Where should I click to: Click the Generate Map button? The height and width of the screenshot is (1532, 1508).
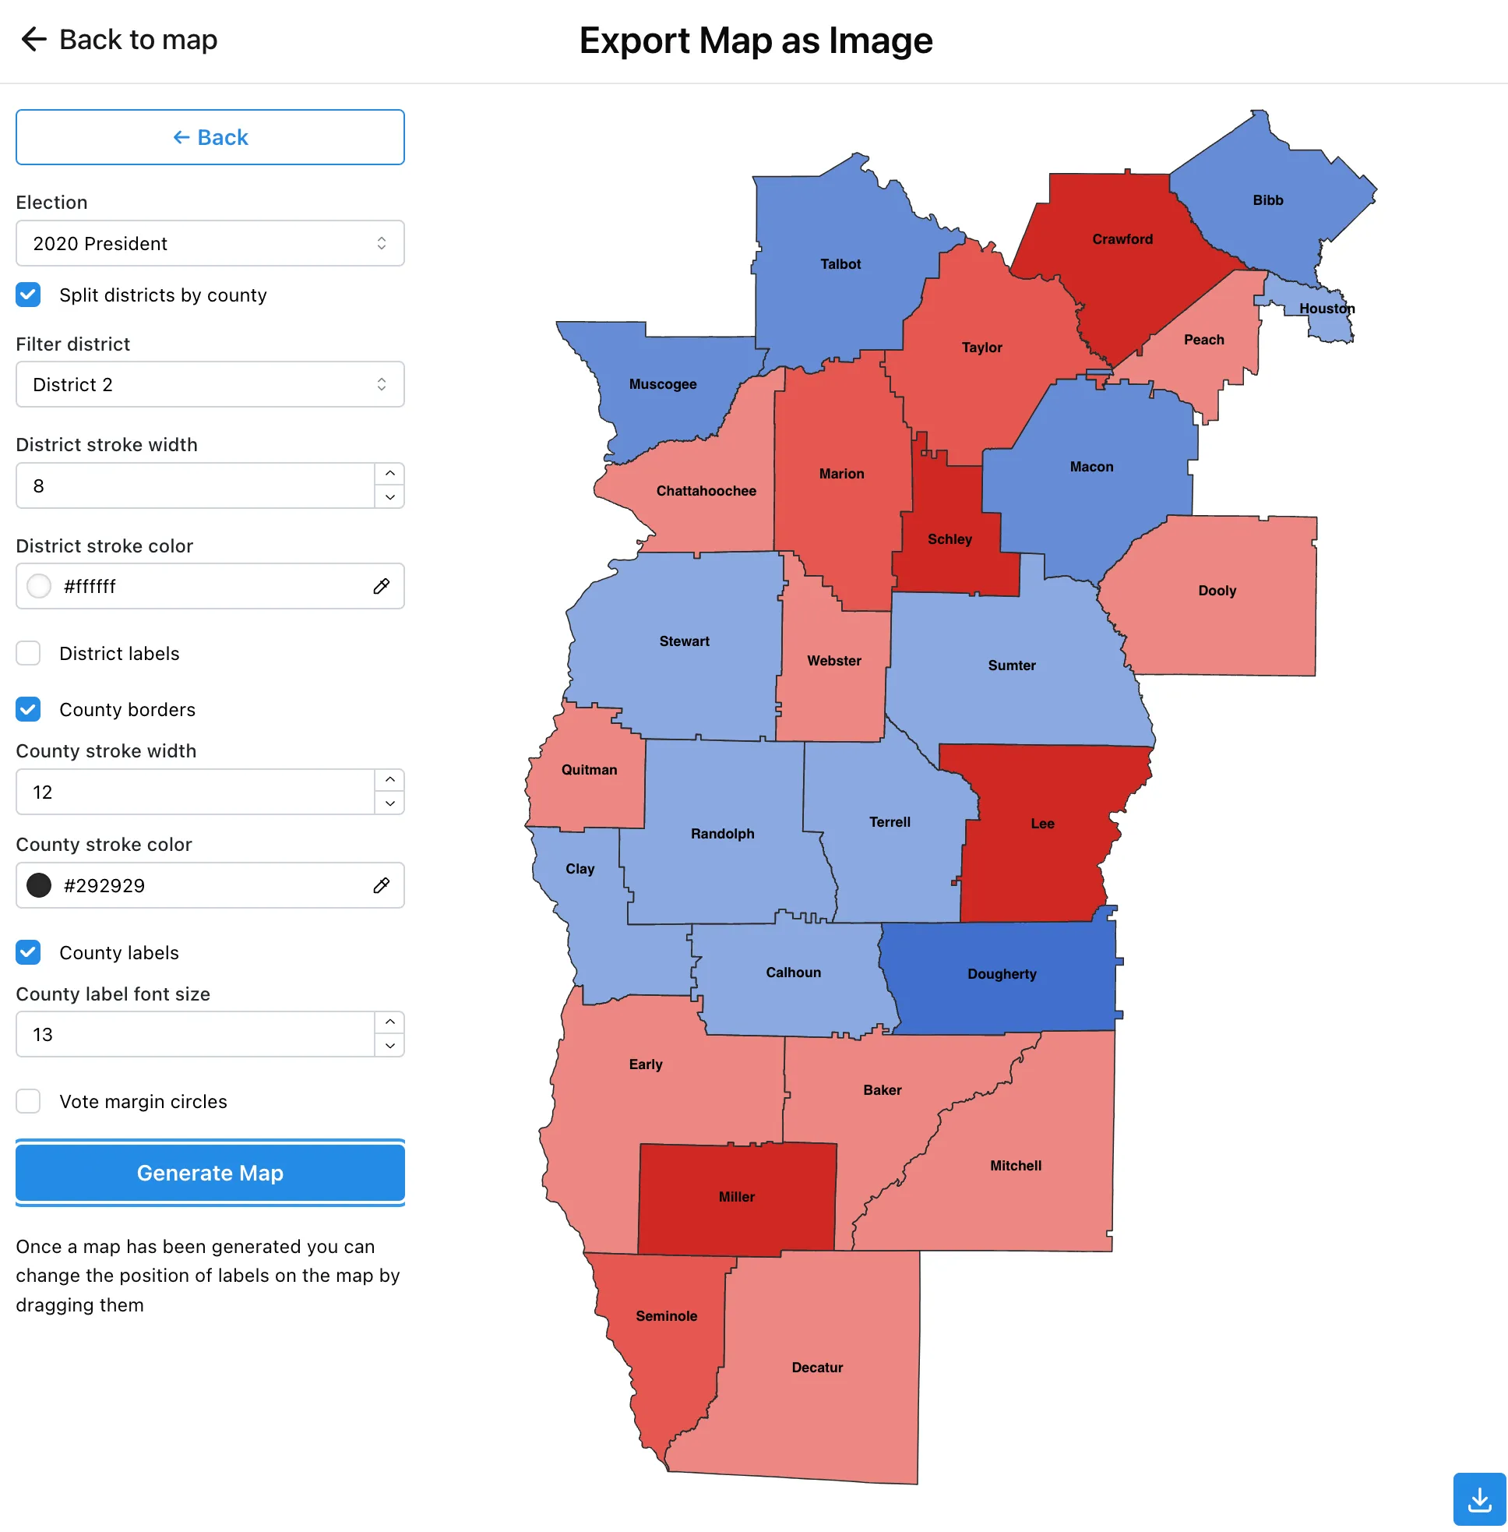point(210,1172)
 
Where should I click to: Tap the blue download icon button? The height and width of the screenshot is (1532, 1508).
point(1478,1498)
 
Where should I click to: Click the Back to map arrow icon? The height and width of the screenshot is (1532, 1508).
point(34,39)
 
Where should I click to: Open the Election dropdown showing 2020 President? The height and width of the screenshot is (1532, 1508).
point(210,243)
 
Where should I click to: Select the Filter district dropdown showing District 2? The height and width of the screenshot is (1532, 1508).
point(210,384)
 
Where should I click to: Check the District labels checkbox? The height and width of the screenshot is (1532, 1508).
point(29,654)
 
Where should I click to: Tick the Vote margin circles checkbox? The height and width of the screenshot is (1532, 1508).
point(29,1101)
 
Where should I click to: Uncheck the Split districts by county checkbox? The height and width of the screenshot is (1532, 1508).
point(29,295)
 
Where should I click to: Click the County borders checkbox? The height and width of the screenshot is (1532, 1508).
point(29,709)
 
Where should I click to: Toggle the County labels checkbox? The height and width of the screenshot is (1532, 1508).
point(29,952)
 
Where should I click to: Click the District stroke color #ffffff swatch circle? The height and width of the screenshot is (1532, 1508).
point(39,586)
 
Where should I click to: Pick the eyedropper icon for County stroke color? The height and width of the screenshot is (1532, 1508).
point(381,884)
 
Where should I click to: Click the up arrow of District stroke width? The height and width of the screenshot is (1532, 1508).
point(389,474)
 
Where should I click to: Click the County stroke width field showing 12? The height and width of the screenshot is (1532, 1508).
point(194,792)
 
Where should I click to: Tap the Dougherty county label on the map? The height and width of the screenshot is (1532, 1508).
point(1002,973)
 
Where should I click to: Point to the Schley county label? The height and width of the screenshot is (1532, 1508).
point(950,538)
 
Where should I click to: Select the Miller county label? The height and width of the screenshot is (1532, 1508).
point(737,1196)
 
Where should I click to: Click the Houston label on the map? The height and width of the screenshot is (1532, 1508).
point(1327,308)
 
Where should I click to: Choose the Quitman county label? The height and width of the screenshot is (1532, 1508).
point(590,769)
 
